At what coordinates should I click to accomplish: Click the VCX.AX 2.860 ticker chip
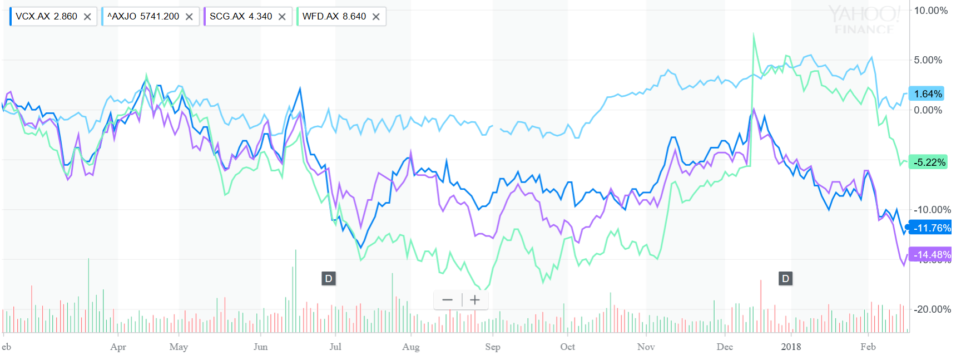(x=47, y=17)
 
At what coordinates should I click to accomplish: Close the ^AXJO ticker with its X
(x=189, y=17)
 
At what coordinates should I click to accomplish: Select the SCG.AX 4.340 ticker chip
(x=241, y=17)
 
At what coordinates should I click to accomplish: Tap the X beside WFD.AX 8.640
(x=376, y=17)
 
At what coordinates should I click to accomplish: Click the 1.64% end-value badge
(x=928, y=94)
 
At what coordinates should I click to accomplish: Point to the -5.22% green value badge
(x=929, y=162)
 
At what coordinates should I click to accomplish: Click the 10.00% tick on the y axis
(x=930, y=11)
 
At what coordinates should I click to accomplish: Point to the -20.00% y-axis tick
(x=932, y=309)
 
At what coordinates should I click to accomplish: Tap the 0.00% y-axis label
(x=928, y=110)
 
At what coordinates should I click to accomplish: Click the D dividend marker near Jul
(x=329, y=279)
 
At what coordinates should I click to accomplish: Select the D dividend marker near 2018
(x=785, y=279)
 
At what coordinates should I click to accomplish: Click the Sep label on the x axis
(x=493, y=347)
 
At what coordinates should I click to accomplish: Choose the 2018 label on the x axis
(x=791, y=347)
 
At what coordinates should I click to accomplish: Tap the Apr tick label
(x=118, y=347)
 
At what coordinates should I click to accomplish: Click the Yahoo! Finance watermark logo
(x=864, y=19)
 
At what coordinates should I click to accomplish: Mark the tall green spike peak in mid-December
(x=754, y=34)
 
